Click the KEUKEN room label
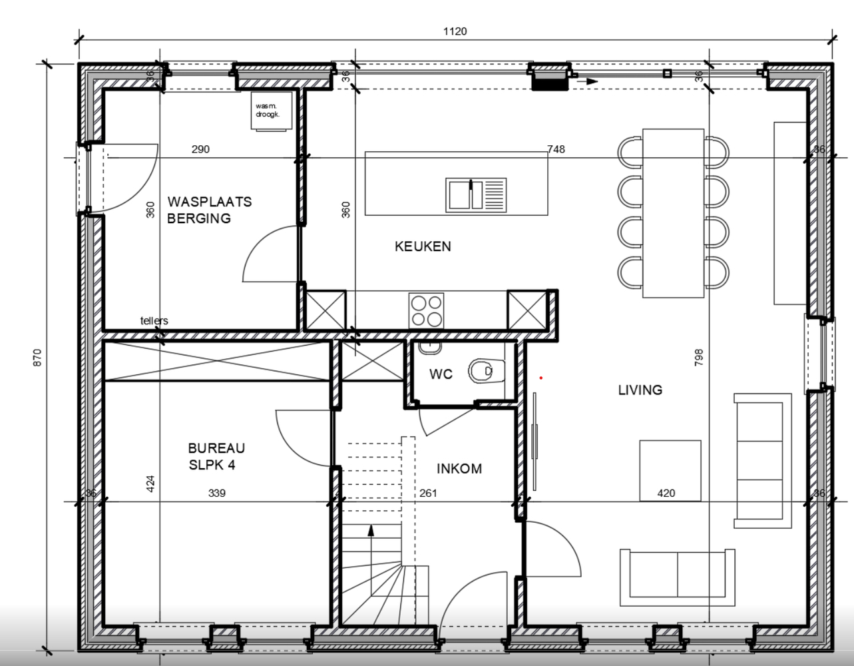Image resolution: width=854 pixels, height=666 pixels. tap(423, 246)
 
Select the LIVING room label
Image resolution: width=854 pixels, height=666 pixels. tap(640, 390)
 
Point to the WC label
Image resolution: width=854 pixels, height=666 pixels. tap(441, 374)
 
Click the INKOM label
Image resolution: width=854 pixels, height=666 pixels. tap(459, 469)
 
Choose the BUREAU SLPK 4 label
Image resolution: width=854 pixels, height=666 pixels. tap(216, 457)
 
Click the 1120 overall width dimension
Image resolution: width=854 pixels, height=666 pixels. tap(455, 31)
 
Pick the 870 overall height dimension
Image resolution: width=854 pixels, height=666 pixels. tap(37, 357)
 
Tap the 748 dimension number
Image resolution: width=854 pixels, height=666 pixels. tap(556, 149)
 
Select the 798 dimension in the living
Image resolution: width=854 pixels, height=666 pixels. tap(698, 357)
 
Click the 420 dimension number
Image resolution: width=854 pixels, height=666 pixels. tap(666, 494)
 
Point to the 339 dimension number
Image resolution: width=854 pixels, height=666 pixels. tap(216, 494)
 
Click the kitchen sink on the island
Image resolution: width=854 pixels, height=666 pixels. tap(475, 194)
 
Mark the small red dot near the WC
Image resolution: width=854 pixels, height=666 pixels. tap(541, 378)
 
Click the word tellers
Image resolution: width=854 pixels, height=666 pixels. tap(154, 321)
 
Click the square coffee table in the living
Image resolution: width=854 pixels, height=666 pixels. tap(670, 470)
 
